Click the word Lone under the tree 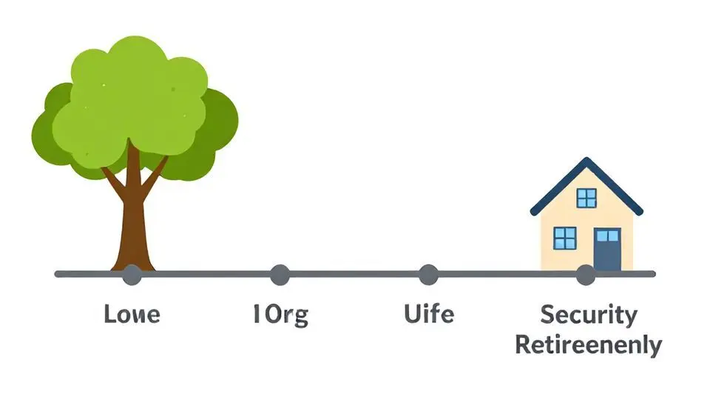(x=132, y=314)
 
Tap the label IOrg (x=280, y=314)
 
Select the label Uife (x=429, y=314)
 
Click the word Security (x=589, y=314)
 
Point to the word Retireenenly (x=589, y=344)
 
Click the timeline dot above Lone (x=132, y=275)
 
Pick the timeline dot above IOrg (x=280, y=275)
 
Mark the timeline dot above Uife (x=428, y=275)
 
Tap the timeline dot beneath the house (x=585, y=275)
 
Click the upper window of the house (x=586, y=198)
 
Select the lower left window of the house (x=564, y=238)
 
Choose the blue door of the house (x=607, y=250)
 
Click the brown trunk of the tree (x=133, y=222)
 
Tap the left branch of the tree (x=112, y=178)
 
